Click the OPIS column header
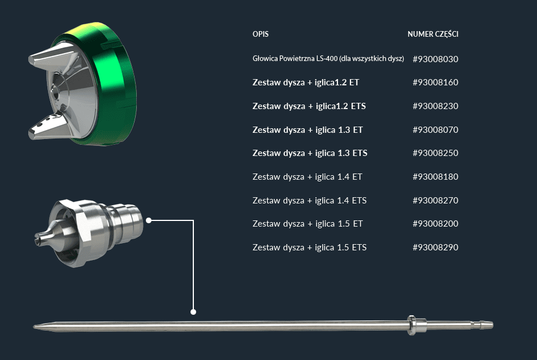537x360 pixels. coord(260,34)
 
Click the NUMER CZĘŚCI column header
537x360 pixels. coord(433,34)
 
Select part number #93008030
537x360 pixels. coord(435,59)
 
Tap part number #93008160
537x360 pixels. coord(435,82)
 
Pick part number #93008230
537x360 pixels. coord(435,106)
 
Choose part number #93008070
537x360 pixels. coord(435,129)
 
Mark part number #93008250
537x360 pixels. coord(435,153)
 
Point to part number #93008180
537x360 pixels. coord(435,176)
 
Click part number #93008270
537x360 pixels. coord(435,200)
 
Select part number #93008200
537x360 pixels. coord(435,223)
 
